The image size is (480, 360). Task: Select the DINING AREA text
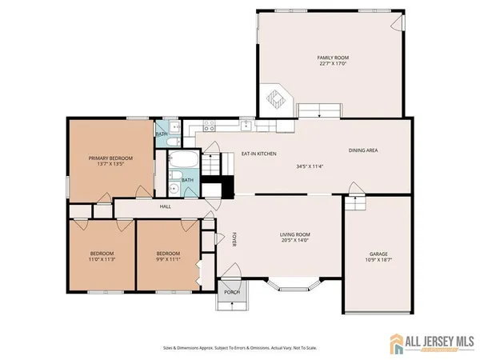pos(362,150)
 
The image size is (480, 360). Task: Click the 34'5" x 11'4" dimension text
pos(308,166)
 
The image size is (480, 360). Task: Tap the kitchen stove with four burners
pos(207,126)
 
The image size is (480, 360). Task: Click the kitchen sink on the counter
pos(248,126)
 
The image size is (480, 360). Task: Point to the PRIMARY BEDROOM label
pos(110,158)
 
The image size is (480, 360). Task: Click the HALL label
pos(166,206)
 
